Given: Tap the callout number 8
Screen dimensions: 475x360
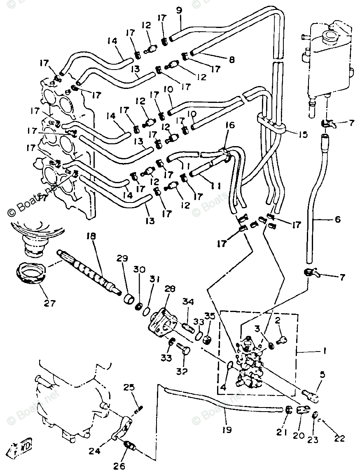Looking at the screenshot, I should tap(232, 60).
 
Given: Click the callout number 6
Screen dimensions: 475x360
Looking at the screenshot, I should tap(338, 219).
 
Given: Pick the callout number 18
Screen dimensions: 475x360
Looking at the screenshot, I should tap(91, 236).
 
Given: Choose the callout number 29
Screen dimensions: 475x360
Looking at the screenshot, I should tap(122, 258).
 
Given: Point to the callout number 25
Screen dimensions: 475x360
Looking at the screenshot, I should tap(129, 388).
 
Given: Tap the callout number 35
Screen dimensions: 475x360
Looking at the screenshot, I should tap(210, 316).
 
